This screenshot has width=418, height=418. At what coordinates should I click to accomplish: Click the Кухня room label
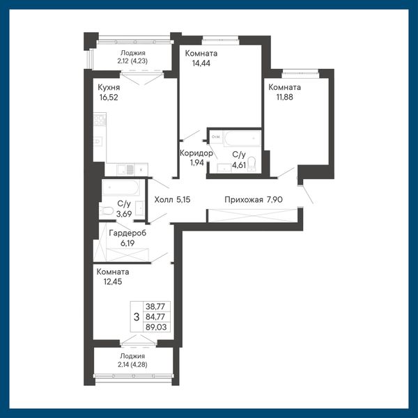[109, 87]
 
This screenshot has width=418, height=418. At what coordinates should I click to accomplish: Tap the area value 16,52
[109, 98]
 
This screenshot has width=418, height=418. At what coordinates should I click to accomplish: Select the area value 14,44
[201, 63]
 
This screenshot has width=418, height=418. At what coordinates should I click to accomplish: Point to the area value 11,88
[284, 97]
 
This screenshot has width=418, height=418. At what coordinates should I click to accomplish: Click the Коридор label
[196, 153]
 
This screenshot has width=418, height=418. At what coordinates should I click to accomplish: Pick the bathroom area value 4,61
[239, 165]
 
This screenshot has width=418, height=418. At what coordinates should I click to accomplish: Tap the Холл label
[164, 199]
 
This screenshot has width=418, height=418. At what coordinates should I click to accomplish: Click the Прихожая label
[244, 199]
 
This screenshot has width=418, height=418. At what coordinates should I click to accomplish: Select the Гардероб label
[127, 233]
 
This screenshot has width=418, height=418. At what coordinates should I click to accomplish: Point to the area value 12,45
[113, 281]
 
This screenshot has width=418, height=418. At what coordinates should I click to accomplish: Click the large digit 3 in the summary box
[137, 317]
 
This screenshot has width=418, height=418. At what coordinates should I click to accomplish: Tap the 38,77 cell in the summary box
[155, 307]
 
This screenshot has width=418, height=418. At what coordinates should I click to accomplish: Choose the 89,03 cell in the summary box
[156, 327]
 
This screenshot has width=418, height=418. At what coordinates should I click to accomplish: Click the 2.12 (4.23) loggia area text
[132, 61]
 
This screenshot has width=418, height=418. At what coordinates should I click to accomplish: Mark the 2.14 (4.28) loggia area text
[132, 364]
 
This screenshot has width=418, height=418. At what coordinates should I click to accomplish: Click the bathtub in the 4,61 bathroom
[242, 139]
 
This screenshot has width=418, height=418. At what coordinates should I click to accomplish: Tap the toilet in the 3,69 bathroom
[107, 210]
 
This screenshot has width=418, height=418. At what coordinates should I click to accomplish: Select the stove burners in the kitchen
[100, 120]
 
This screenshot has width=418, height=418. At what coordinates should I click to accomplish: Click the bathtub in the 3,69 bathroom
[121, 187]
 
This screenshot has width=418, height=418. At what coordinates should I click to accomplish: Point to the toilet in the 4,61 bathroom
[251, 164]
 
